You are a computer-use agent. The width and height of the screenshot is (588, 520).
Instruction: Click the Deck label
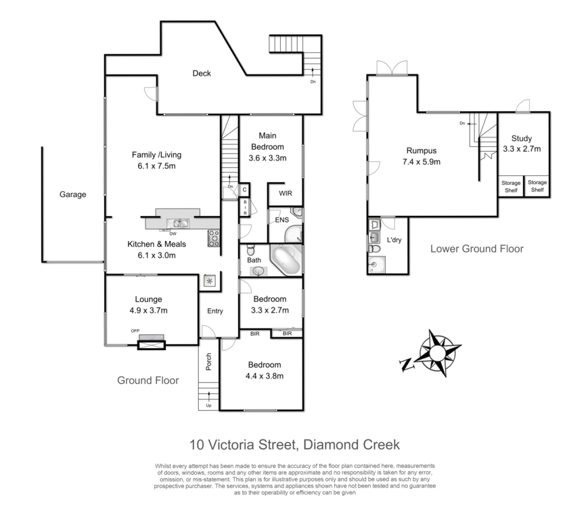[x=202, y=73]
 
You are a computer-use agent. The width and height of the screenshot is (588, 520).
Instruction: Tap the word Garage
[x=73, y=194]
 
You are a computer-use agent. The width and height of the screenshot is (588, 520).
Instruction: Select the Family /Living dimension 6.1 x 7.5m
[x=156, y=167]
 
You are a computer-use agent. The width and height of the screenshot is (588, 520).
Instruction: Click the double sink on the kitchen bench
[x=179, y=223]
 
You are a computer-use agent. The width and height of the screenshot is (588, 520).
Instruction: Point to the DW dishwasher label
[x=173, y=234]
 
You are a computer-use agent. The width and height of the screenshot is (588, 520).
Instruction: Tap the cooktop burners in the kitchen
[x=213, y=236]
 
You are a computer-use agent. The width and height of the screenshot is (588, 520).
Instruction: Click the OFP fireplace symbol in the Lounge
[x=150, y=344]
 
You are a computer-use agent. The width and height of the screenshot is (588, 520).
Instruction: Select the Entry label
[x=215, y=311]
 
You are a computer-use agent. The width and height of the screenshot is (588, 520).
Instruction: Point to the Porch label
[x=208, y=362]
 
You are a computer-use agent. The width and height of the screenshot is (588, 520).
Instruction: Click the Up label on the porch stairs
[x=209, y=406]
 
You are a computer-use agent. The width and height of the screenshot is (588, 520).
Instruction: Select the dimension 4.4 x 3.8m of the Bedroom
[x=264, y=376]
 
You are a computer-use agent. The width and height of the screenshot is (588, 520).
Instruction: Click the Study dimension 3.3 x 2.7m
[x=522, y=149]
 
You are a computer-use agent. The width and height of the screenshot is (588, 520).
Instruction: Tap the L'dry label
[x=394, y=240]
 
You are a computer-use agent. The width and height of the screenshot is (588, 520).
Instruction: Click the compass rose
[x=438, y=353]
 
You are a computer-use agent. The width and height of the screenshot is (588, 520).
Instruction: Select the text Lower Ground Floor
[x=477, y=248]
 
